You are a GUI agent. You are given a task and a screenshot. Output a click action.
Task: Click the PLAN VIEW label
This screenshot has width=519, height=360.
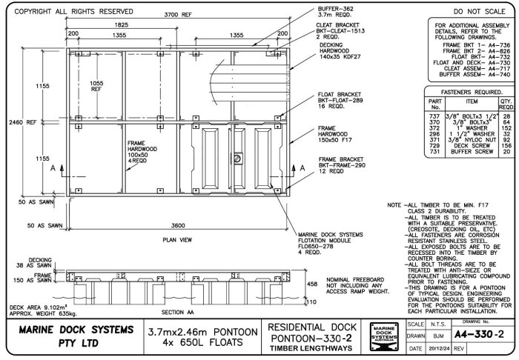click(x=178, y=240)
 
